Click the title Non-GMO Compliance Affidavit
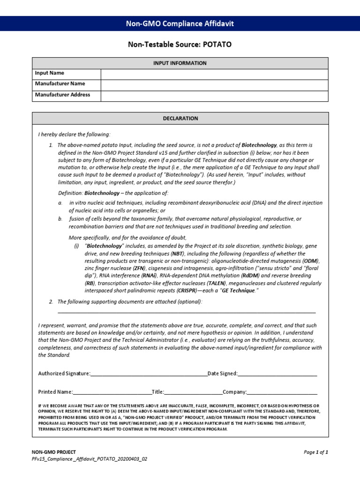coord(180,23)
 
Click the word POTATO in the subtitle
coord(217,45)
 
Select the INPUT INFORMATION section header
coord(180,63)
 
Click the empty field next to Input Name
coord(214,74)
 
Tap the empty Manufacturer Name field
coord(214,84)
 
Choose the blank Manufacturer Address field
coord(214,95)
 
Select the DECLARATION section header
coord(180,119)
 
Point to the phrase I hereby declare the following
coord(74,135)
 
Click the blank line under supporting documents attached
coord(187,312)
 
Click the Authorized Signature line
coord(148,374)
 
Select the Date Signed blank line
coord(277,374)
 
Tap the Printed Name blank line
coord(112,392)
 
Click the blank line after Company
coord(282,392)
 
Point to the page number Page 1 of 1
coord(316,452)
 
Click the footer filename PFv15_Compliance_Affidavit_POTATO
coord(89,459)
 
